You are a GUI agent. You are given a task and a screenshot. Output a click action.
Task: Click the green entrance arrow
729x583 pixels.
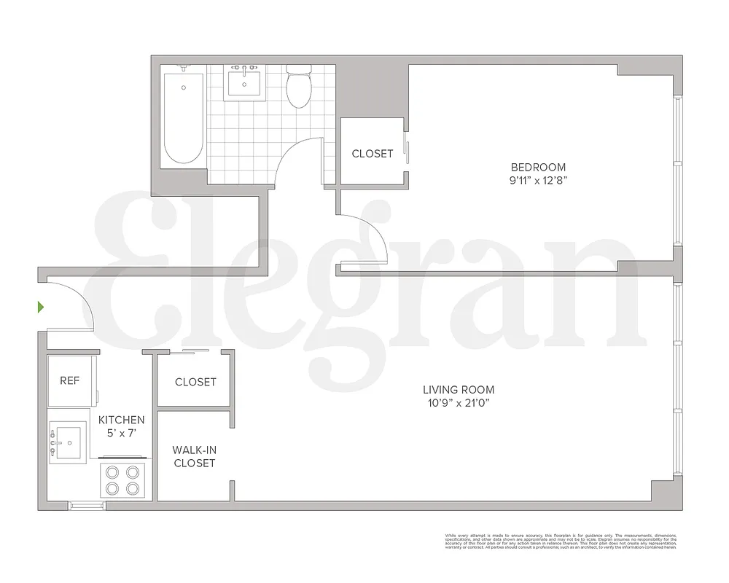coord(42,307)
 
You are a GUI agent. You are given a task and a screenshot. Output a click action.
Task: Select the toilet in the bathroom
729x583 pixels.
coord(298,87)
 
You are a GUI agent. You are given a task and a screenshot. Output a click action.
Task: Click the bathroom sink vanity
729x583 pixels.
coord(244,82)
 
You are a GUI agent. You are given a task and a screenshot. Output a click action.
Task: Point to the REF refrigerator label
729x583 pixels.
coord(69,381)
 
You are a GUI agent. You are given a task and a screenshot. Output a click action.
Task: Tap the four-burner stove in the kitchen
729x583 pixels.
coord(122,479)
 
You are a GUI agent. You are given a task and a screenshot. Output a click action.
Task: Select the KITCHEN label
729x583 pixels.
coord(122,420)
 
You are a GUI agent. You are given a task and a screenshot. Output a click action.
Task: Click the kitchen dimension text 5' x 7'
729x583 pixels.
coord(122,434)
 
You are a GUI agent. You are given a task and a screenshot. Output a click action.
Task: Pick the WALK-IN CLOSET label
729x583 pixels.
coord(194,456)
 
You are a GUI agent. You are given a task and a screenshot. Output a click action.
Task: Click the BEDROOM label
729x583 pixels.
coord(539,167)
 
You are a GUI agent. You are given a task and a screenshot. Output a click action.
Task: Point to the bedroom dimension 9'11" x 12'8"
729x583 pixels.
coord(539,180)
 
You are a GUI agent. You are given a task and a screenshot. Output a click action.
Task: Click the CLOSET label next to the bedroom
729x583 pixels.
coord(373,154)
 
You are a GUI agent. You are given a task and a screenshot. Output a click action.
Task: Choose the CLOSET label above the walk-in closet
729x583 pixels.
coord(195,382)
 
